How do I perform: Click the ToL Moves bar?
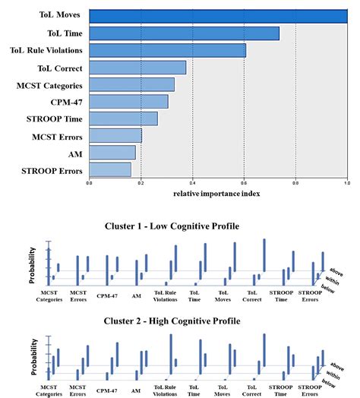(x=218, y=15)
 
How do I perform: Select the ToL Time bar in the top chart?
(x=184, y=33)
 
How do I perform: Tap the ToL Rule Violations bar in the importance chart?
(x=167, y=50)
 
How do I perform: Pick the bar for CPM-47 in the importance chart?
(x=128, y=101)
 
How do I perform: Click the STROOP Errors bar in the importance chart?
(x=109, y=169)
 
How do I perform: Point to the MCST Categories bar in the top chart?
(x=131, y=84)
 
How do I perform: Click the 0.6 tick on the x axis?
(x=244, y=183)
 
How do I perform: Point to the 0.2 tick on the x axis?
(x=141, y=183)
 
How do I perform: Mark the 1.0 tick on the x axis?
(x=347, y=183)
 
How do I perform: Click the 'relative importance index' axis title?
(x=217, y=193)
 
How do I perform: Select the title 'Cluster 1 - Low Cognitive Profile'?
(x=180, y=226)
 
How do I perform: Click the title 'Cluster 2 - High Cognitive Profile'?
(x=180, y=321)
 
